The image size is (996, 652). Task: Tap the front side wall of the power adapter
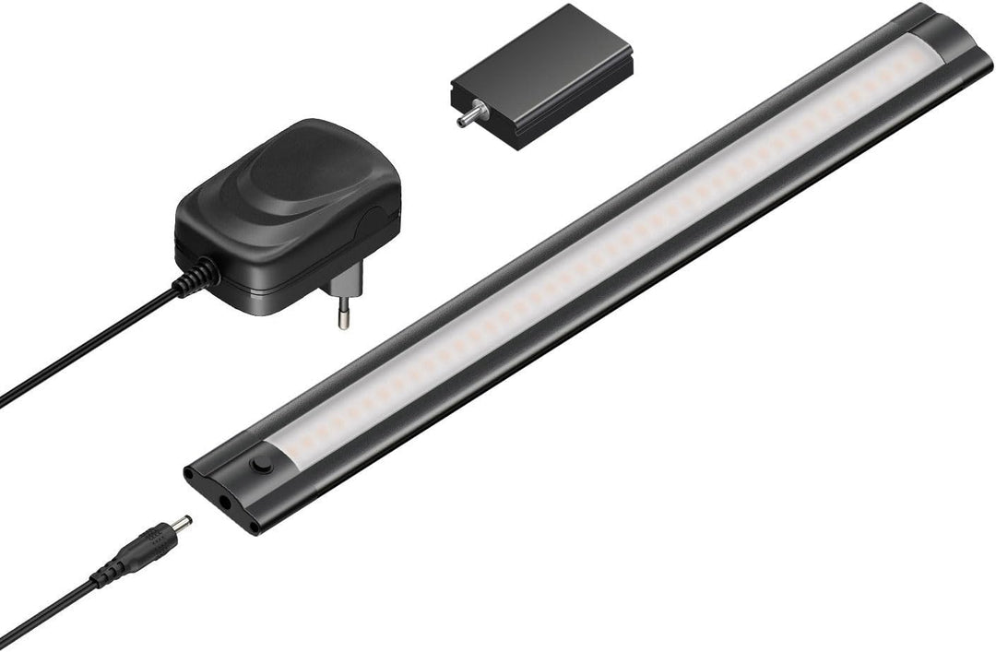click(277, 267)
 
